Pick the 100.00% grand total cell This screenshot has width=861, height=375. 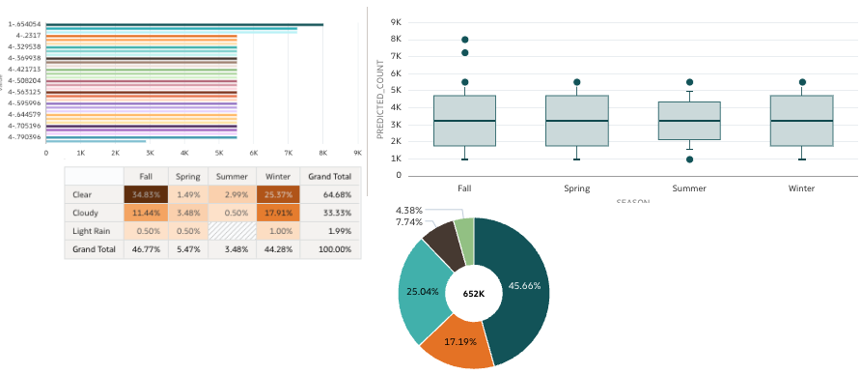330,248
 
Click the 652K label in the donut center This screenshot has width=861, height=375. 473,293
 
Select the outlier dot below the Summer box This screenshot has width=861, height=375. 689,159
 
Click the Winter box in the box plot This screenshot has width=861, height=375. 801,121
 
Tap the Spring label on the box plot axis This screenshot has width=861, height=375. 576,188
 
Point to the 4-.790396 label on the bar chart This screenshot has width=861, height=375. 24,137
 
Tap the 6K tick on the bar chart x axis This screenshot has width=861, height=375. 254,153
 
